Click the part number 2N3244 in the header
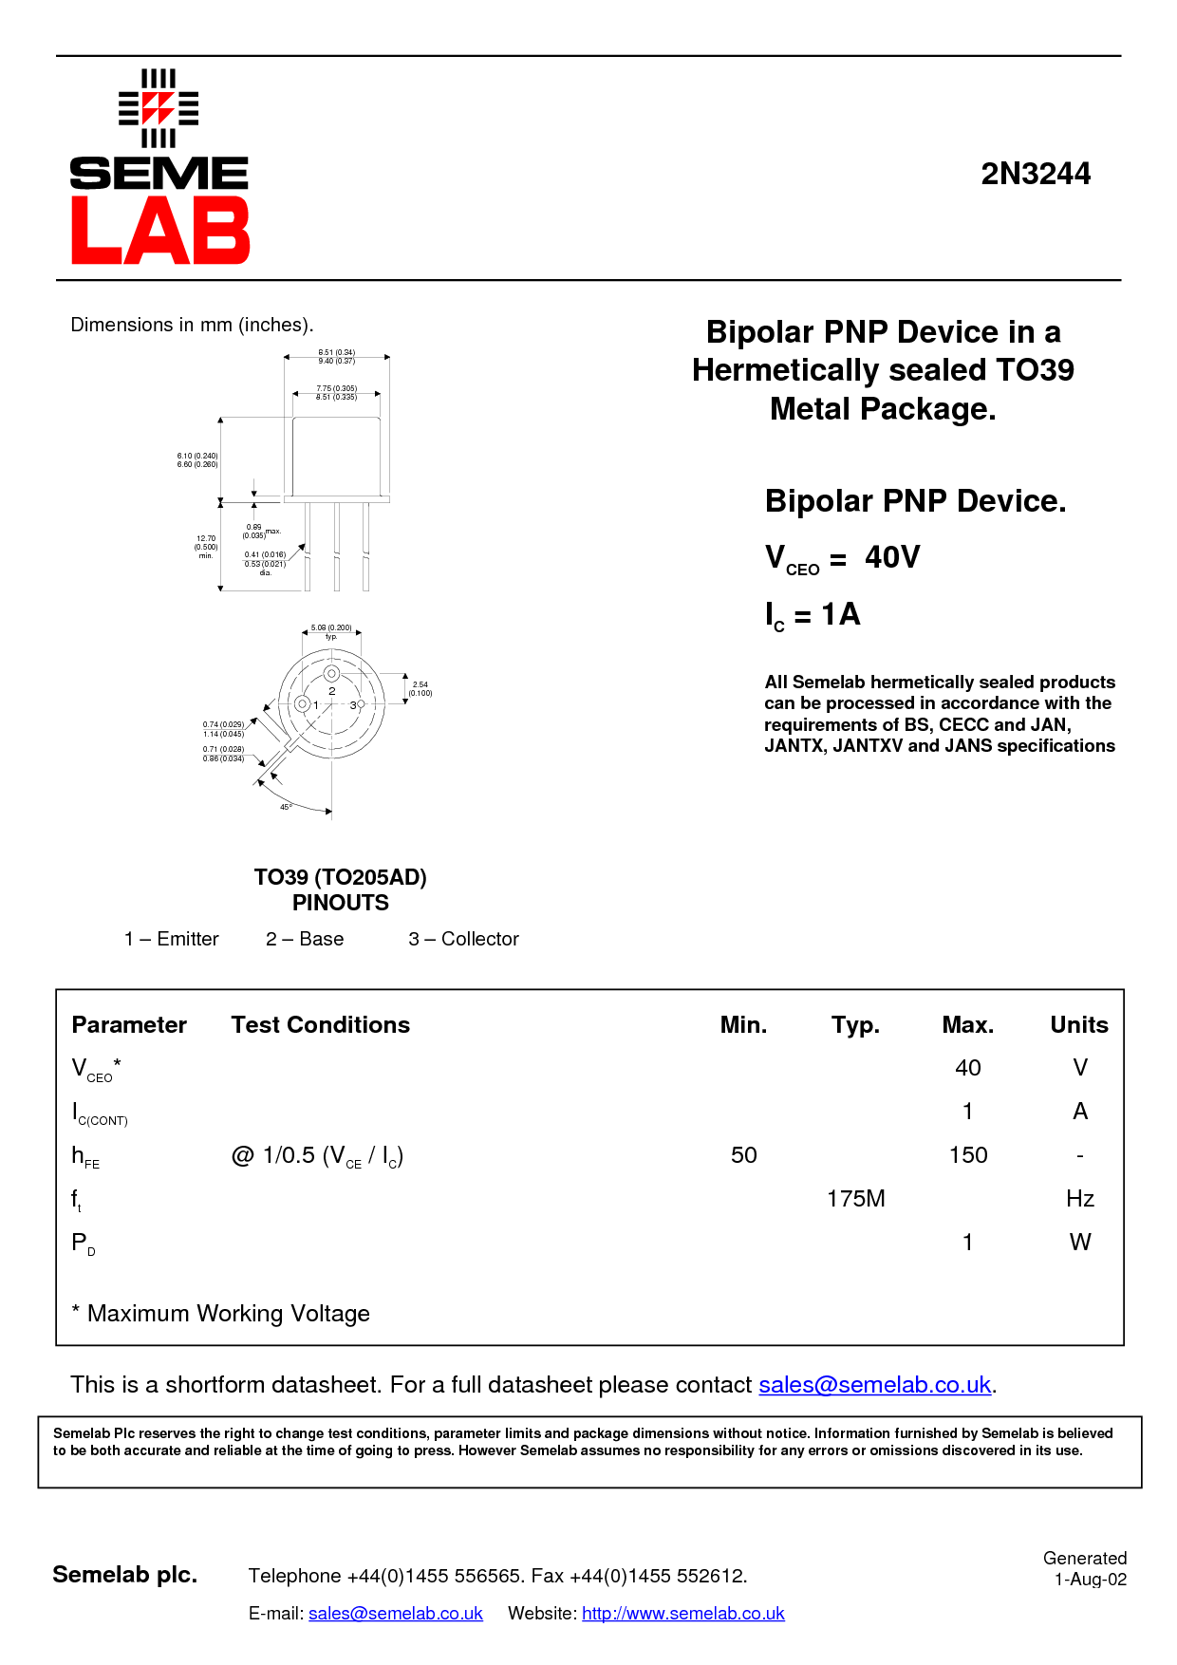coord(1036,174)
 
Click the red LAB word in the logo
coord(159,231)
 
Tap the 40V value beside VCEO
coord(891,556)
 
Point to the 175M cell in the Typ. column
coord(855,1199)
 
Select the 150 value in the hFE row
coord(968,1155)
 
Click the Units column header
coord(1079,1025)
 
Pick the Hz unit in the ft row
coord(1080,1199)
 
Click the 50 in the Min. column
coord(744,1155)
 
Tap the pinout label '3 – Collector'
coord(463,939)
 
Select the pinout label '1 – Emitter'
coord(172,939)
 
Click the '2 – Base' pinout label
coord(305,939)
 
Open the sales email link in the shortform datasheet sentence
coord(874,1385)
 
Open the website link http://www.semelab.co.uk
coord(682,1614)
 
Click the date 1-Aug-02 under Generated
coord(1091,1580)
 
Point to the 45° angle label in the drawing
coord(286,807)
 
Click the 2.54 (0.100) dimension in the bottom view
coord(420,688)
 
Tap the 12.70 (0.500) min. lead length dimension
coord(206,547)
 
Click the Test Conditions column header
coord(321,1025)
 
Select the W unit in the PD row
coord(1080,1243)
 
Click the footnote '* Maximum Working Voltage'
coord(221,1314)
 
